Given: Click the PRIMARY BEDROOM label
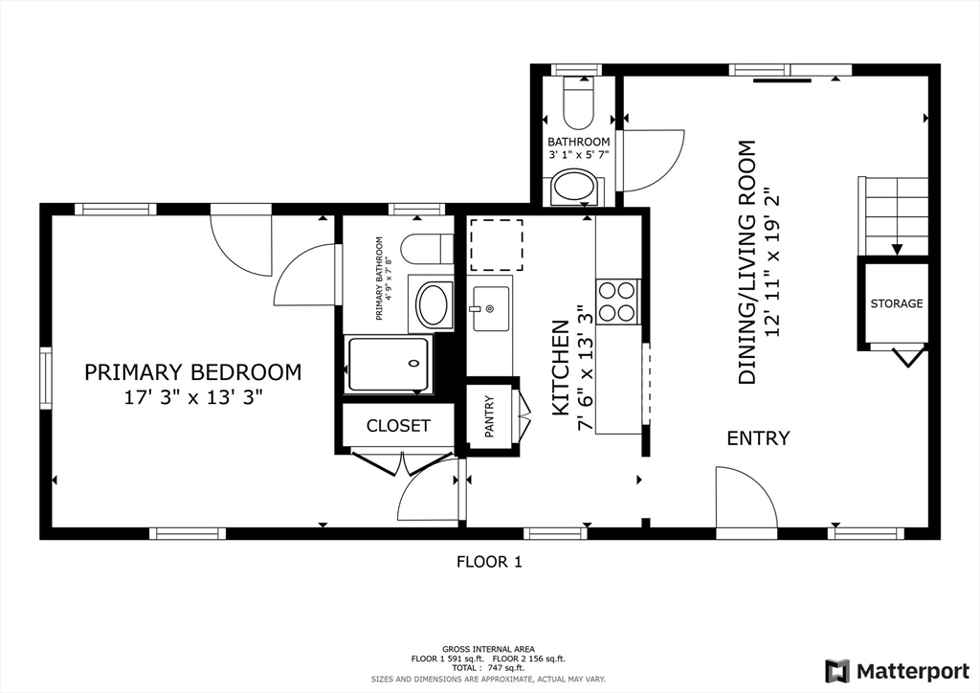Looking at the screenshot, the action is [192, 372].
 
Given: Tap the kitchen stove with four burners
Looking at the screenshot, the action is [617, 302].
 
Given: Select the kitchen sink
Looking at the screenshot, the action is [490, 309].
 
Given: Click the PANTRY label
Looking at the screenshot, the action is [489, 416].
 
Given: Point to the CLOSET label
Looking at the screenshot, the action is [398, 426].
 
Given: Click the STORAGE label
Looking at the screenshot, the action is [896, 303].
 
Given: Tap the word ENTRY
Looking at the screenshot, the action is [758, 438].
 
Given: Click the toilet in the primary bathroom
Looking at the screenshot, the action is [427, 249].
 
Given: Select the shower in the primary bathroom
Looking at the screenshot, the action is [389, 365].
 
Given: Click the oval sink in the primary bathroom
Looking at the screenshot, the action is [434, 304].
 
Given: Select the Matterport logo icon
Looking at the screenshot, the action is [837, 671].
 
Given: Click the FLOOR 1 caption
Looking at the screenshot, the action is [489, 562].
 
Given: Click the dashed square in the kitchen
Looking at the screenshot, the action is [497, 245].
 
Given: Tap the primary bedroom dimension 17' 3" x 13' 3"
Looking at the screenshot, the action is [192, 397].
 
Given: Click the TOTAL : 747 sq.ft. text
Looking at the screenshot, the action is [488, 668].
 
